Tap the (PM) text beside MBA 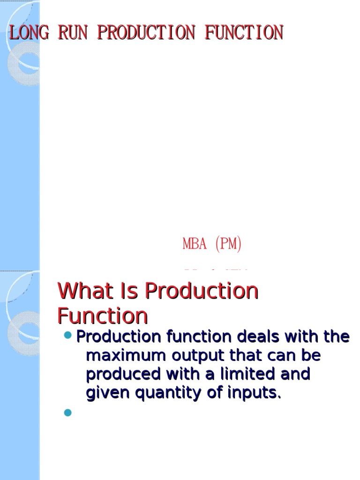point(228,244)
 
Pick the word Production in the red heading point(202,291)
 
